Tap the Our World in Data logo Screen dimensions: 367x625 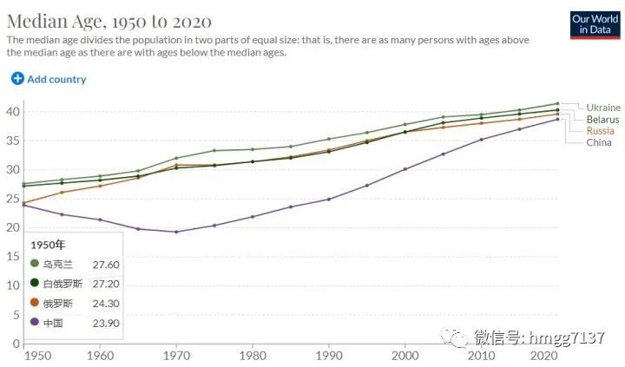(595, 23)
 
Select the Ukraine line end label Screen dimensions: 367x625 (603, 108)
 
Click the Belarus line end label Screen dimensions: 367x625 (602, 119)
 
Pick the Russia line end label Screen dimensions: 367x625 (600, 131)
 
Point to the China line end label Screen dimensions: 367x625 (599, 142)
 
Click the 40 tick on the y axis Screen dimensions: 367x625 (13, 111)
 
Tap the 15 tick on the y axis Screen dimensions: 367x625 (13, 256)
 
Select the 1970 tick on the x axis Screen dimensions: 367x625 (176, 356)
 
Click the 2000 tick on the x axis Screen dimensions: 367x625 (405, 356)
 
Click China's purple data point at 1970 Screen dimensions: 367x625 (176, 232)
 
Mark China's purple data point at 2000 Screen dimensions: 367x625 (405, 168)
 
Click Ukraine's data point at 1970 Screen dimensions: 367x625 (176, 158)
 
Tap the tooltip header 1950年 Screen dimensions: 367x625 (49, 243)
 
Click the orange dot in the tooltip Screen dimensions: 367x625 (35, 303)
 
